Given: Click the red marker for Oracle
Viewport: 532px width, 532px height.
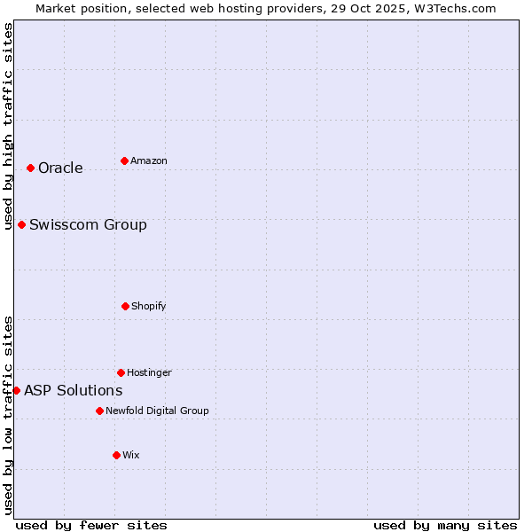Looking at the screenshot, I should point(30,168).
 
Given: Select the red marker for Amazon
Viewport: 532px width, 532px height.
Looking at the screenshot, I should point(124,160).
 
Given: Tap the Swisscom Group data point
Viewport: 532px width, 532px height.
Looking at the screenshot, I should point(21,224).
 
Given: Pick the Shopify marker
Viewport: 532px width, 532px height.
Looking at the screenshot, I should point(125,306).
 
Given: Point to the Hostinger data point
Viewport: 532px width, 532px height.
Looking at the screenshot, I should point(121,372).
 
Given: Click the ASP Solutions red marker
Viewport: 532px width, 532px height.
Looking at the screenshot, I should point(16,390).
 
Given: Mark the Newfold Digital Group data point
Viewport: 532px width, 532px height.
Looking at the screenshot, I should point(99,411).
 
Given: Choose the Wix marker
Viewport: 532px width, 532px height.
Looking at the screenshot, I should point(116,455).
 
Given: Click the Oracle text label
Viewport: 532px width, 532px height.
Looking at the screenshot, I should point(60,168).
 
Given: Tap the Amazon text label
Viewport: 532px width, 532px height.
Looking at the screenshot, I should point(149,161).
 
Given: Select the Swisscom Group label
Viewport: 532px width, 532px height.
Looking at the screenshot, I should point(88,225).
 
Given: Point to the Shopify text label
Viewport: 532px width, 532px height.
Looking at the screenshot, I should point(149,307).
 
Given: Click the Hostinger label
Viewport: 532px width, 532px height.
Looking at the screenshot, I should point(149,373).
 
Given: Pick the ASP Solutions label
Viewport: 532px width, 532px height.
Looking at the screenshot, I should point(73,391).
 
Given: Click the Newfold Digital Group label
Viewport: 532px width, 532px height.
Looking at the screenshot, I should point(157,411).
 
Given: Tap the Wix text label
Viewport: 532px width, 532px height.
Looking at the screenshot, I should point(131,456).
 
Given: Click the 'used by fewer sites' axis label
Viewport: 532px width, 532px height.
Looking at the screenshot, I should point(91,525).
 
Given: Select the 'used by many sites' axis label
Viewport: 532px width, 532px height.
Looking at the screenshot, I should point(445,525).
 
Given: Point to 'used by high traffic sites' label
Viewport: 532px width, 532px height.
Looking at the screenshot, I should point(8,126).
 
